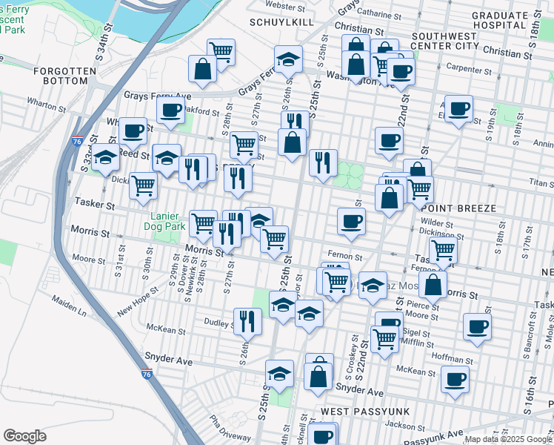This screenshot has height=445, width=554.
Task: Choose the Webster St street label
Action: point(286,6)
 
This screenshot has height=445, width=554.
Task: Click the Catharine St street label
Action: point(378,13)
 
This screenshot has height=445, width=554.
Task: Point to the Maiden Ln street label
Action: point(69,303)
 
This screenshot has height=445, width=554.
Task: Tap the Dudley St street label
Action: point(219,323)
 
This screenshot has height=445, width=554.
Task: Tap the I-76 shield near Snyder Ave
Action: point(147,374)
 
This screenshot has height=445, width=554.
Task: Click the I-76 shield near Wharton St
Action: point(78,139)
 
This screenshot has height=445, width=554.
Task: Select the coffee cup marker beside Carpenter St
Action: point(401,72)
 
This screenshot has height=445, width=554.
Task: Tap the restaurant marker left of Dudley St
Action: point(247,320)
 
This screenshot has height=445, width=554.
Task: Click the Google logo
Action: point(24,436)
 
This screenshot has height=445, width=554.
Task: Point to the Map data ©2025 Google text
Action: point(509,439)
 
